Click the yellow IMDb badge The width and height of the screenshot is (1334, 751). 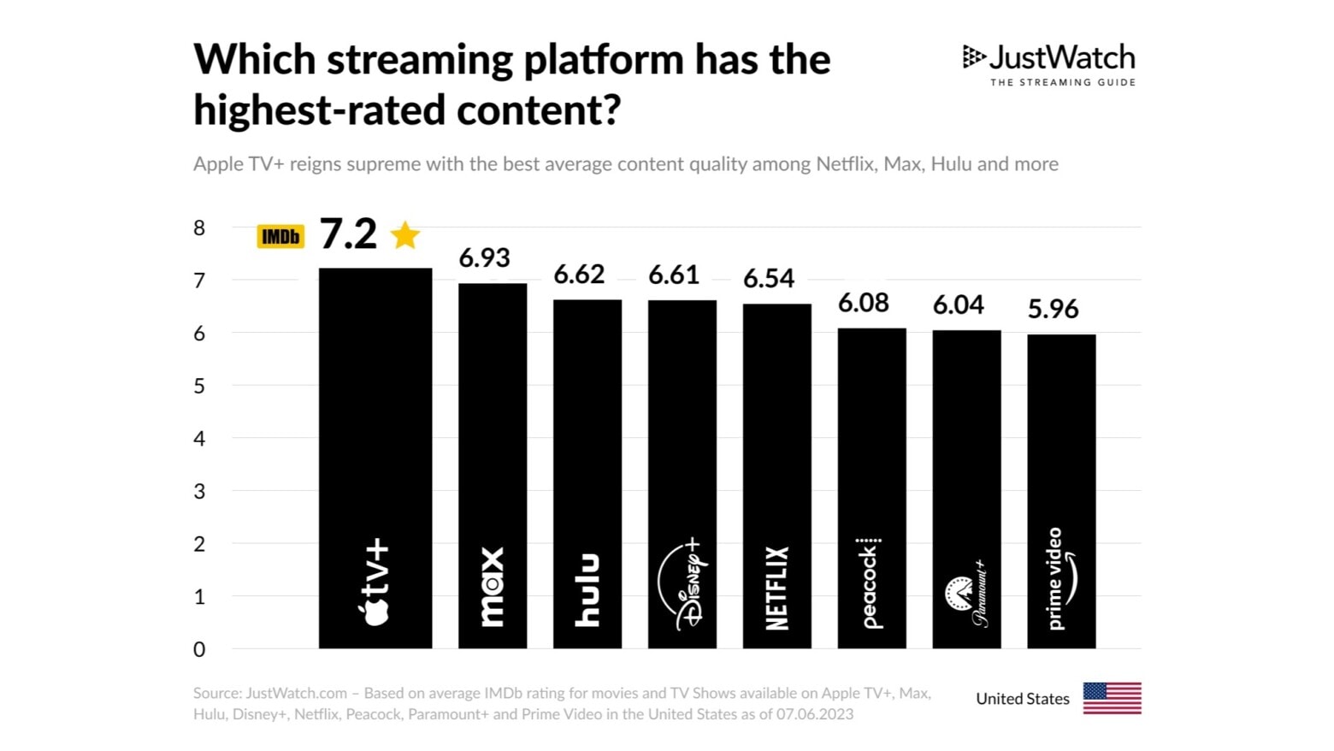click(280, 236)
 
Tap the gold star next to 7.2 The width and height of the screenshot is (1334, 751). click(405, 234)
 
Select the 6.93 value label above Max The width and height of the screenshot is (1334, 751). click(484, 257)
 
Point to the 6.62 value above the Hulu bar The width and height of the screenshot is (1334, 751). click(579, 275)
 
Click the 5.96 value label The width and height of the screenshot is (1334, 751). click(1053, 309)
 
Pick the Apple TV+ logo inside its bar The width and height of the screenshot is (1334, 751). click(375, 582)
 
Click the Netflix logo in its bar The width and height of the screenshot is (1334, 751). click(776, 588)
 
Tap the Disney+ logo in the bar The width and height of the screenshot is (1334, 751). click(682, 585)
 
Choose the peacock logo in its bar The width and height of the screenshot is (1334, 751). click(870, 583)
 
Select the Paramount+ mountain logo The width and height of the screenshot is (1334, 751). click(958, 593)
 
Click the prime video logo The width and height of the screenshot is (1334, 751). click(1061, 579)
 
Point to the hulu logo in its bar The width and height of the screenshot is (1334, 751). click(587, 590)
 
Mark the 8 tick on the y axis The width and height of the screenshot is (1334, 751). click(199, 228)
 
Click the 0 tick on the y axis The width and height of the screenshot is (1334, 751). click(199, 649)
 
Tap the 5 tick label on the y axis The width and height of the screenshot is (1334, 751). click(199, 386)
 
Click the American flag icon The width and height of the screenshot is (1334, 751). click(1112, 698)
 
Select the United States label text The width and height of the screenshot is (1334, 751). click(1023, 699)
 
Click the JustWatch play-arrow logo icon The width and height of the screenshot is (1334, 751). click(973, 57)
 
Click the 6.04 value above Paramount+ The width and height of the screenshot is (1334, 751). click(958, 305)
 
